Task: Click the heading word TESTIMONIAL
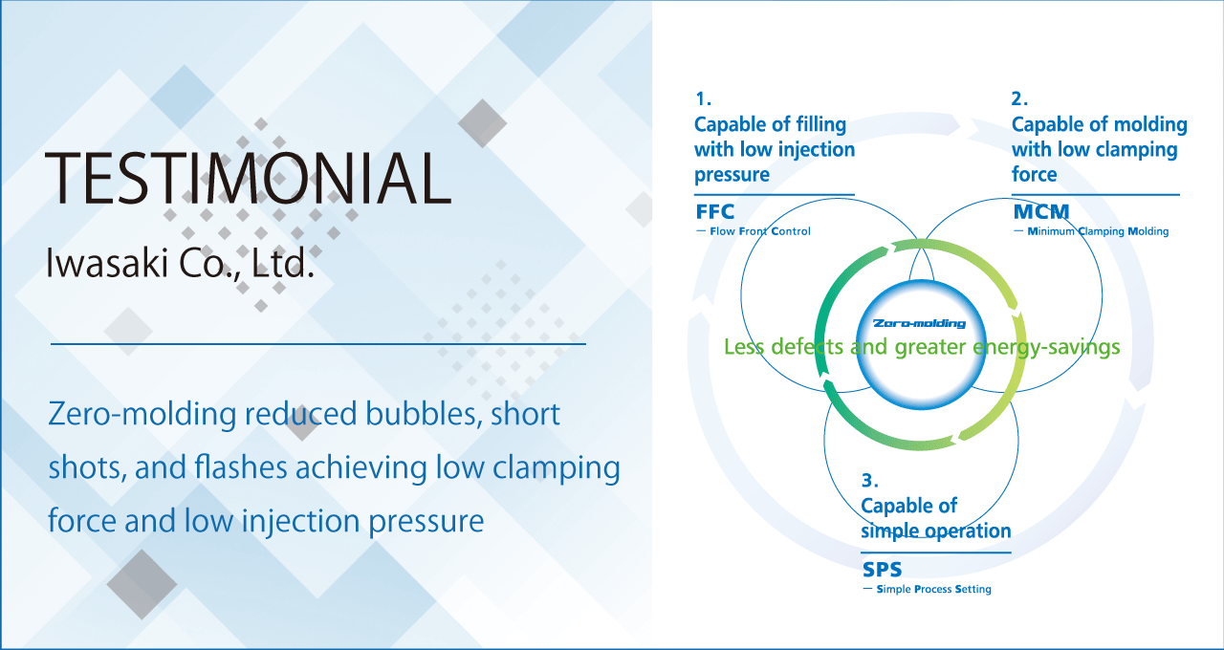pos(249,178)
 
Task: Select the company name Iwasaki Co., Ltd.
pos(181,263)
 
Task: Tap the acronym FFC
pos(714,211)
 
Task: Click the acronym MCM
pos(1041,211)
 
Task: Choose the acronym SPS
pos(882,570)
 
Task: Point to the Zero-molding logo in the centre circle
pos(920,323)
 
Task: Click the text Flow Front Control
pos(759,231)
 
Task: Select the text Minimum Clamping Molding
pos(1098,231)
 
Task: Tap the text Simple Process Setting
pos(934,589)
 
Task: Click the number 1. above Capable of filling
pos(703,98)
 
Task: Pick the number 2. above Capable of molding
pos(1019,98)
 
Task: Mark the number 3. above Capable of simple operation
pos(869,480)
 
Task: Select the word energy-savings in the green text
pos(1046,347)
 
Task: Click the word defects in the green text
pos(806,346)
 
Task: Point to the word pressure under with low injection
pos(732,175)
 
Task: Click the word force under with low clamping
pos(1034,174)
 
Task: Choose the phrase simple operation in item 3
pos(936,531)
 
